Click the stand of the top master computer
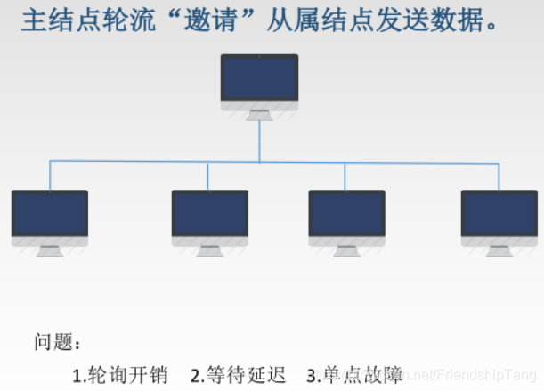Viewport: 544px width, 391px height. pos(259,115)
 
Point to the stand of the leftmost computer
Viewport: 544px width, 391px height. pos(50,251)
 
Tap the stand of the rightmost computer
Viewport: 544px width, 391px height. pos(499,251)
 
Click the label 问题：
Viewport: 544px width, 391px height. pos(58,341)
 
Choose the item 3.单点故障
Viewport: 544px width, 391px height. pos(354,374)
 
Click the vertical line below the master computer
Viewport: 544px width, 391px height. pos(259,141)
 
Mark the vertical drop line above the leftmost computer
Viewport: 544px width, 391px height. pos(50,175)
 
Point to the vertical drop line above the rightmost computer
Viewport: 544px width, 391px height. pos(499,175)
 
